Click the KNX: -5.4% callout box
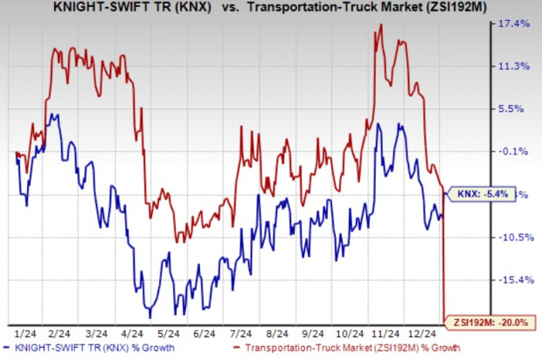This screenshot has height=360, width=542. pyautogui.click(x=477, y=197)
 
